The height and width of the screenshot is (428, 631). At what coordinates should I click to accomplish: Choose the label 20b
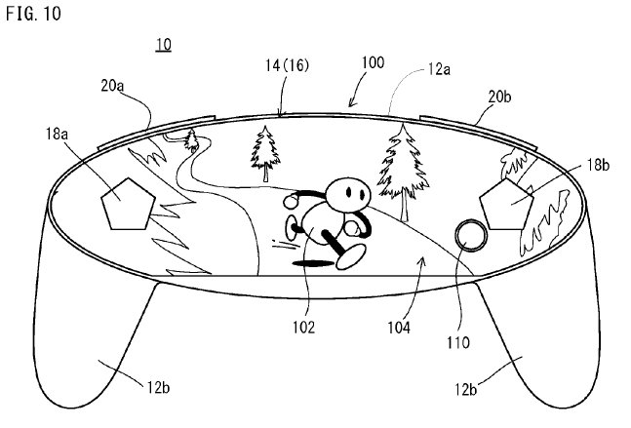[x=499, y=97]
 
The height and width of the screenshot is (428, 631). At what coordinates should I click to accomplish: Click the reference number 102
[x=301, y=329]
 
